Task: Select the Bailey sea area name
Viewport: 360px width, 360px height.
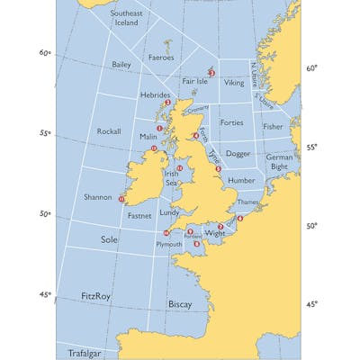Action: (121, 66)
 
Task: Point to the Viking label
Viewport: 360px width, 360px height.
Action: (234, 83)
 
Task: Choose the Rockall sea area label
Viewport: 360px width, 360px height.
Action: (108, 131)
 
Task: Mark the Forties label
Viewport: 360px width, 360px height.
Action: (232, 122)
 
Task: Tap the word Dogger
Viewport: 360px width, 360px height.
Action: (238, 154)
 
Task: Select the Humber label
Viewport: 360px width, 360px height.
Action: (242, 181)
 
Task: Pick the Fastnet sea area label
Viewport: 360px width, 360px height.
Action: (139, 216)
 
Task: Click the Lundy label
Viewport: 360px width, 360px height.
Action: (170, 213)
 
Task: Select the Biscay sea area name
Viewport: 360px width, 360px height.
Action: (180, 305)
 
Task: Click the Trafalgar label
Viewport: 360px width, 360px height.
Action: (88, 354)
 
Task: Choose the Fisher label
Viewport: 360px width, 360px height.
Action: (273, 127)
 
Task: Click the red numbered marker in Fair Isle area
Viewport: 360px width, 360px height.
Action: (211, 72)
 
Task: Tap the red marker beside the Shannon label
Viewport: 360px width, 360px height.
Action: (121, 199)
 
